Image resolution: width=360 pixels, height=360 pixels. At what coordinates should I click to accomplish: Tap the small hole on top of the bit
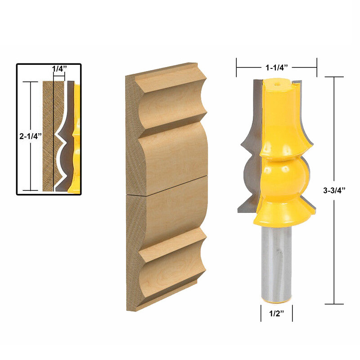(276, 83)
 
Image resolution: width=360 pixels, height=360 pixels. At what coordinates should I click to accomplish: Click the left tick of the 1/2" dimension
(261, 314)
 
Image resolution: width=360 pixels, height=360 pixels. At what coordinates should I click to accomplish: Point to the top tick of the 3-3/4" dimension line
(333, 77)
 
